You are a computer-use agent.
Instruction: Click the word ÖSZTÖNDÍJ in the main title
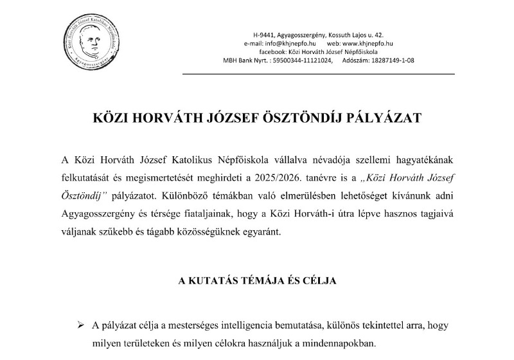click(301, 119)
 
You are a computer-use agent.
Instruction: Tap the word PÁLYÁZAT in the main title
click(387, 119)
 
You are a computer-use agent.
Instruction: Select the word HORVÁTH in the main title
click(166, 119)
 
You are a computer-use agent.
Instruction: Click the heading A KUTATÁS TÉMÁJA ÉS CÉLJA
click(257, 281)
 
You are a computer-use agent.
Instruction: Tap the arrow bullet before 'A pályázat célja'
click(82, 327)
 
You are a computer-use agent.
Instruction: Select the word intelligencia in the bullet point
click(258, 327)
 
